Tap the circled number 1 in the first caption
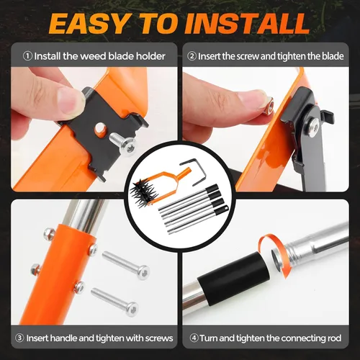(x=27, y=56)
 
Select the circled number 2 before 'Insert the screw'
(x=192, y=56)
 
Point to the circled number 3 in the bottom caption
(x=19, y=338)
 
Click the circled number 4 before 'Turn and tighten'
(x=194, y=338)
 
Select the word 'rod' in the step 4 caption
(x=335, y=338)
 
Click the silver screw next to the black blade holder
(x=122, y=143)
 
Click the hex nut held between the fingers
(x=268, y=105)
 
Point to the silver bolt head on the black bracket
(x=314, y=125)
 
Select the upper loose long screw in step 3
(x=125, y=264)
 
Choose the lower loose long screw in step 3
(x=114, y=302)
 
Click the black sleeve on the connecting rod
(x=233, y=279)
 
